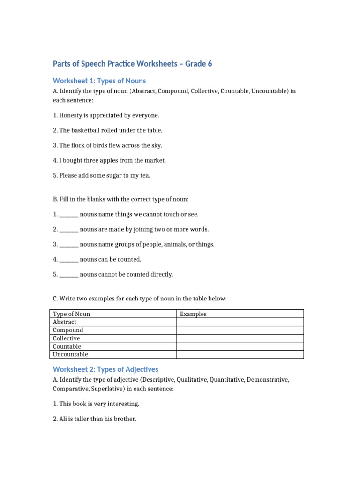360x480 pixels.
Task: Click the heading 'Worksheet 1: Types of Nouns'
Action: coord(99,81)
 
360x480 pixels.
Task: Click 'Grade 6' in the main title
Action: coord(199,64)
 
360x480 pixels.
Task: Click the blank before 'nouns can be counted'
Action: coord(69,259)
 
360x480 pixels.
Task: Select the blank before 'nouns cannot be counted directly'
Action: coord(69,274)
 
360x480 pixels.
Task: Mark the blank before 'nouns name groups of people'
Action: coord(69,244)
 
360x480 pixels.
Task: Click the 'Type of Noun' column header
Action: coord(72,314)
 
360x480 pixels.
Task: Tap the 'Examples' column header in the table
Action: coord(193,314)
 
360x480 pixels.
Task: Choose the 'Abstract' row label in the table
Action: coord(65,322)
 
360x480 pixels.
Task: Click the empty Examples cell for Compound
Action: coord(240,330)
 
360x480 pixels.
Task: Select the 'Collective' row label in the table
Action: coord(67,338)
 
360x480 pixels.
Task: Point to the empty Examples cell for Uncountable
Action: coord(240,354)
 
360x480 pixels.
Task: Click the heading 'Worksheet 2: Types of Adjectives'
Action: coord(105,369)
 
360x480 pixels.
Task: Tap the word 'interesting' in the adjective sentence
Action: coord(123,404)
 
